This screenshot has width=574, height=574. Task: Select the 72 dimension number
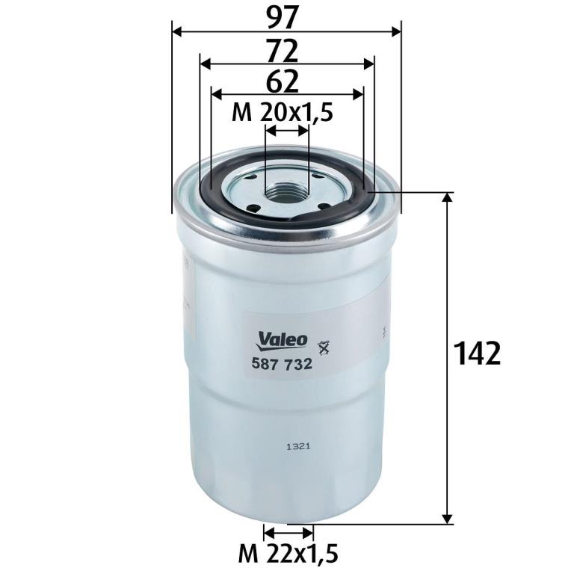283,51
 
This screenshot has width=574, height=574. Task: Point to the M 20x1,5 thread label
283,113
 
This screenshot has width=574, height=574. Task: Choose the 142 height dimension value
477,354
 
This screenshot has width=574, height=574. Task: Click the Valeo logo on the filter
282,341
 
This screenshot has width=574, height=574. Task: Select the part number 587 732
282,364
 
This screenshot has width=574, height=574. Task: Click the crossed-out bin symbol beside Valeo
324,347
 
